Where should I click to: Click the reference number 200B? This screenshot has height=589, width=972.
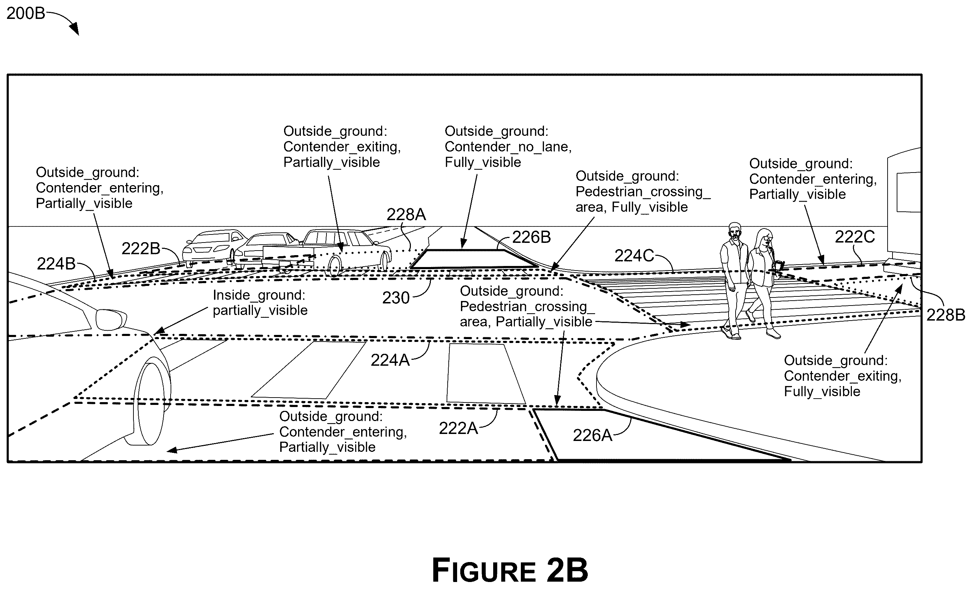coord(26,14)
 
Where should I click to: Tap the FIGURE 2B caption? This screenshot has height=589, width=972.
coord(510,570)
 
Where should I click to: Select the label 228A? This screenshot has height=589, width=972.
coord(406,215)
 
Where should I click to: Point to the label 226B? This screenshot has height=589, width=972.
coord(531,237)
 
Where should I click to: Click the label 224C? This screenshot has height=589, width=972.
coord(634,256)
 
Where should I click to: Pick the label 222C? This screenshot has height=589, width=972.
coord(854,237)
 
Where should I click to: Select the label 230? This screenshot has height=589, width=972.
coord(396,298)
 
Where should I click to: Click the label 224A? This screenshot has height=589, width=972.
coord(390,360)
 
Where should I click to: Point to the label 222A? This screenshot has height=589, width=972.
coord(459,428)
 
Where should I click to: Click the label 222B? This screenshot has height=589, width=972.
coord(141,248)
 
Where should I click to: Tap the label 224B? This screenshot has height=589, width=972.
coord(56,264)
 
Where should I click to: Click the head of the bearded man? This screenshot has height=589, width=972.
coord(735,232)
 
